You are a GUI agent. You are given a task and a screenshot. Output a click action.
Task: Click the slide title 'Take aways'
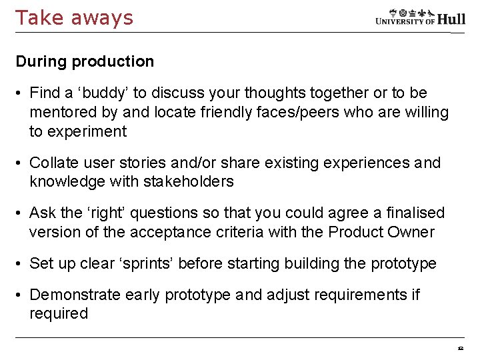point(74,17)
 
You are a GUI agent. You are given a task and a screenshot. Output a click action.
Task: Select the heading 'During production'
point(85,61)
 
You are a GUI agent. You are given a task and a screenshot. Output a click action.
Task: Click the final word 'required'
point(59,313)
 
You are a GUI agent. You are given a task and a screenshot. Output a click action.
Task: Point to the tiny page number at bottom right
point(460,348)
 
